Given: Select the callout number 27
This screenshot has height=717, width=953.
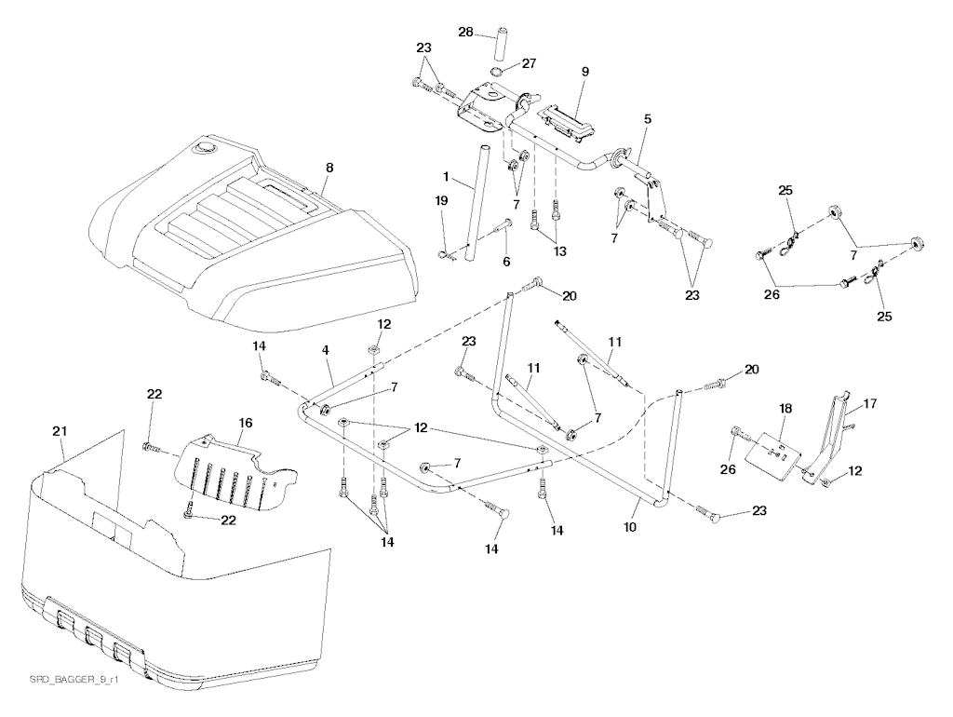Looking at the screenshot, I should click(x=528, y=63).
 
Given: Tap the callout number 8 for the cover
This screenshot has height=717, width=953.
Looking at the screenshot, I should click(x=328, y=169).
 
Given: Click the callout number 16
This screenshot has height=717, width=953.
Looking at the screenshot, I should click(x=246, y=422).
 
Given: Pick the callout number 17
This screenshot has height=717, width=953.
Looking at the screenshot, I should click(x=869, y=404).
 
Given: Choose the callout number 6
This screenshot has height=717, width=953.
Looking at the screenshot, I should click(x=506, y=262).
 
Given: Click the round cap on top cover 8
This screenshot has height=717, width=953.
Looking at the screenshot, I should click(x=202, y=147).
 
